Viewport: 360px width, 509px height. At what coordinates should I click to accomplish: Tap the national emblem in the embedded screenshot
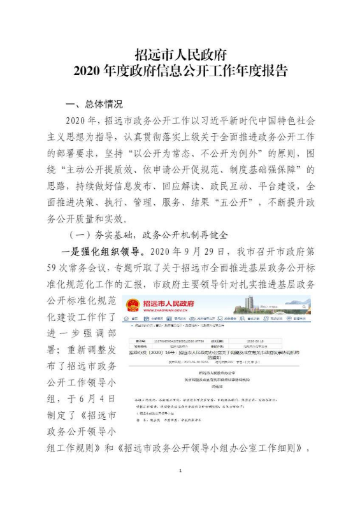point(133,303)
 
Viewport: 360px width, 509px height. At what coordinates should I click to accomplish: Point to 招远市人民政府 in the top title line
point(180,54)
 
